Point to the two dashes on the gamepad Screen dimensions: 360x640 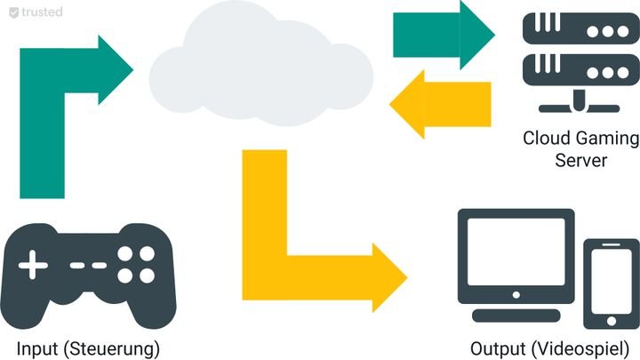click(87, 265)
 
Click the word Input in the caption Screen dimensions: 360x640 click(37, 346)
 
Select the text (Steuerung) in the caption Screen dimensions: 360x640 click(110, 346)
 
